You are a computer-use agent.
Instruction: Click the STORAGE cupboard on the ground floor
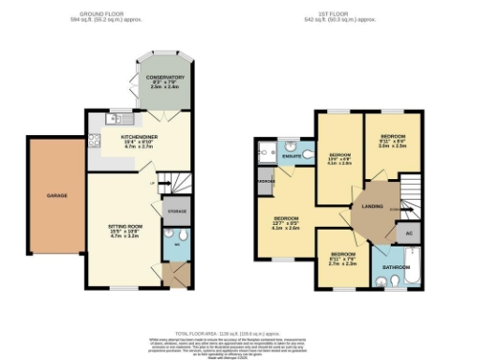click(x=176, y=212)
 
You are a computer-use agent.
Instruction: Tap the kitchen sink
click(x=129, y=118)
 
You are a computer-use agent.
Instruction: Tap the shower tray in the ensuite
click(x=266, y=150)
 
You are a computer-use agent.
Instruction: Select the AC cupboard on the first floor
click(x=407, y=232)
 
